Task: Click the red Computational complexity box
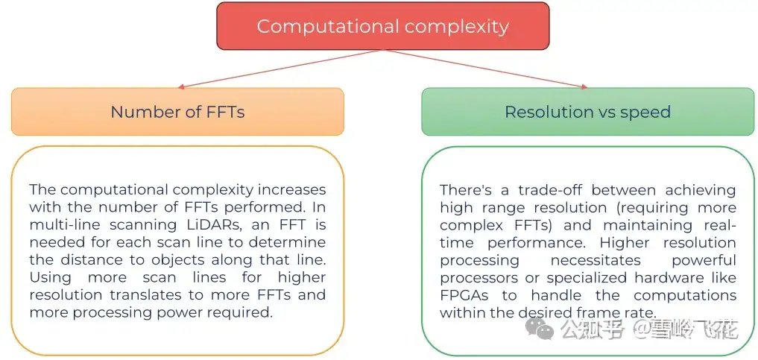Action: tap(382, 26)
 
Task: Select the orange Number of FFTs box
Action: tap(177, 112)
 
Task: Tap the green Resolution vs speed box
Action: tap(587, 112)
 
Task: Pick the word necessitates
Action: tap(593, 260)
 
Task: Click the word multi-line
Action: tap(63, 225)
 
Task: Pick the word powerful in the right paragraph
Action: tap(704, 260)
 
